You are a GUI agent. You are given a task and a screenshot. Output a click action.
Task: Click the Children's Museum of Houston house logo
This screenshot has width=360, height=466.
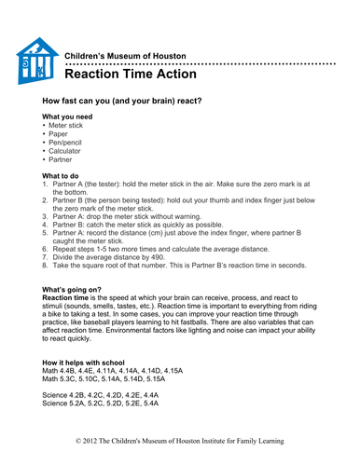tap(37, 62)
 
